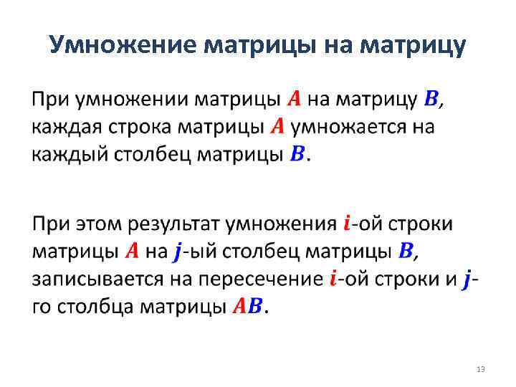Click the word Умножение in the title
123,46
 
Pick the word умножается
348,127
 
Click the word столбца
103,307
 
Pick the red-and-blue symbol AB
249,307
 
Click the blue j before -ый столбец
178,252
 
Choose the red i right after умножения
347,223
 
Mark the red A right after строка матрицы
278,127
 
